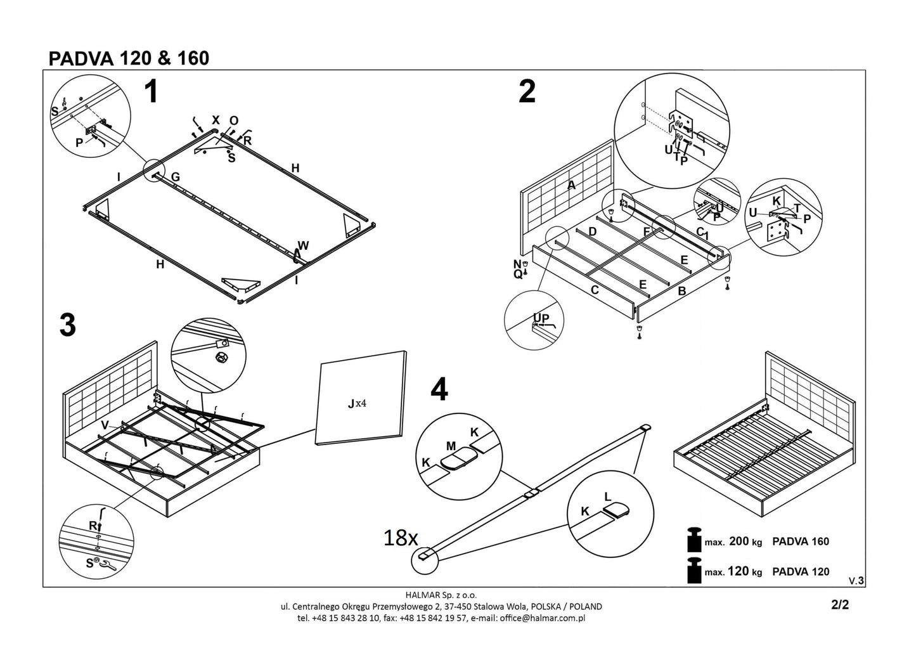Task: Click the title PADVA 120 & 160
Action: point(129,58)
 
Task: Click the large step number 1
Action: point(150,93)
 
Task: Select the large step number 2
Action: point(527,92)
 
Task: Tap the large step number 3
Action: point(68,325)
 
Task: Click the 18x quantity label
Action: point(401,539)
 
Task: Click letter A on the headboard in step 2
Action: point(571,185)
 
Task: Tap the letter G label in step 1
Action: point(176,178)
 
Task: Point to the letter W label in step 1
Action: point(304,245)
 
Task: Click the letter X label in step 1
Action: point(216,120)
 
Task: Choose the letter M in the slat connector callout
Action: point(451,446)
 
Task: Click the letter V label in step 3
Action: point(105,424)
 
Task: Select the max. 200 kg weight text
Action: point(733,541)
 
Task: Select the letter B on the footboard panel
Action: point(682,291)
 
